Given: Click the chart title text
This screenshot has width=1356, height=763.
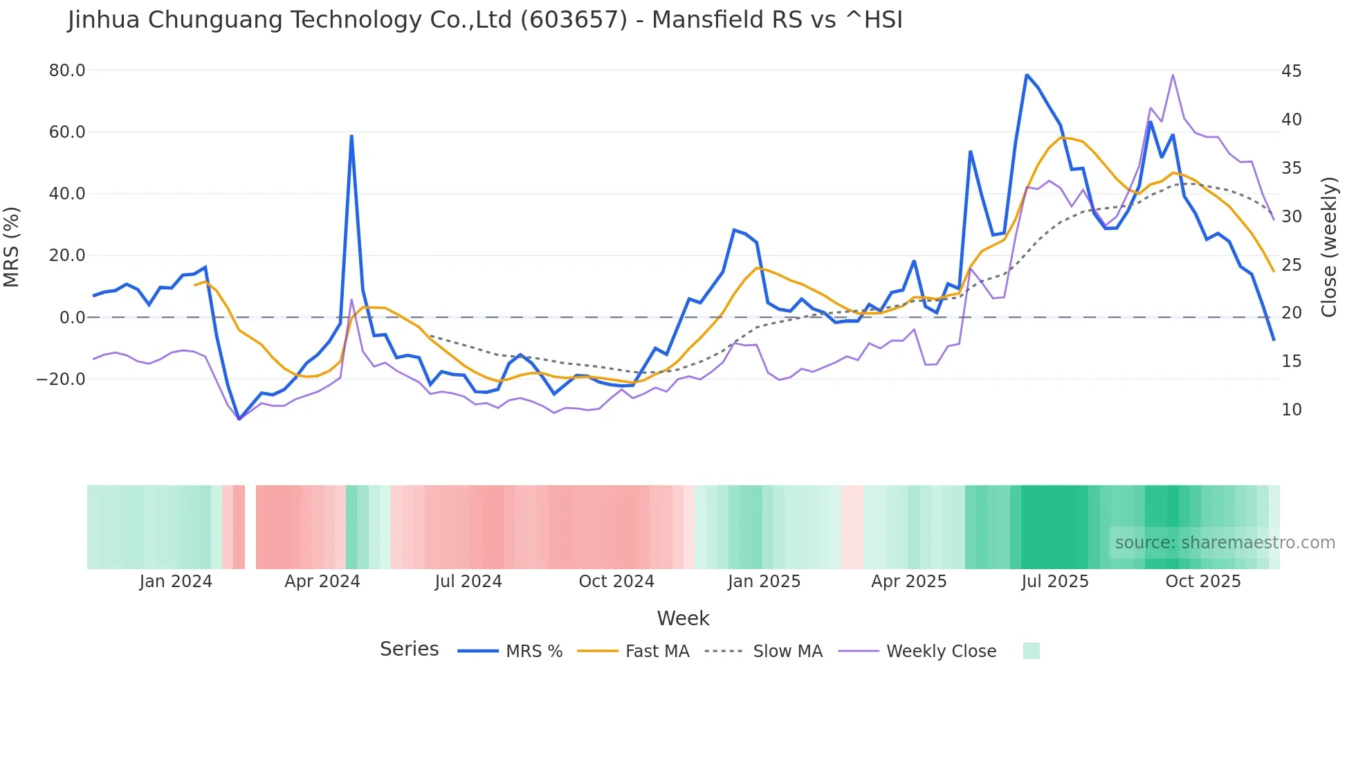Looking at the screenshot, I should pyautogui.click(x=485, y=20).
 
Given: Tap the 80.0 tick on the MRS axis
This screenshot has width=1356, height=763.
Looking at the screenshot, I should pyautogui.click(x=67, y=71).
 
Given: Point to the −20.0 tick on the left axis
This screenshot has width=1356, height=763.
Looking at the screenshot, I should pyautogui.click(x=61, y=379).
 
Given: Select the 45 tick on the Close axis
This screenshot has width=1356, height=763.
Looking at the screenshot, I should pyautogui.click(x=1291, y=71).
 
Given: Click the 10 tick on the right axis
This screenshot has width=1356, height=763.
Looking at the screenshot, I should pyautogui.click(x=1291, y=410).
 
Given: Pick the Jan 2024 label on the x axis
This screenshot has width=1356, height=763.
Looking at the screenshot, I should pyautogui.click(x=176, y=582).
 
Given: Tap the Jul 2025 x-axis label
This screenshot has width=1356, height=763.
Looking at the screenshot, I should pyautogui.click(x=1054, y=582).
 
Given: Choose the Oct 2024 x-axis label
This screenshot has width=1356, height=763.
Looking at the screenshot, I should pyautogui.click(x=616, y=582).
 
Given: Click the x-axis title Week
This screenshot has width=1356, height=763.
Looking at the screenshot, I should pyautogui.click(x=683, y=618).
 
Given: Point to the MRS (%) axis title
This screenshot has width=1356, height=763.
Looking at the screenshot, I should pyautogui.click(x=12, y=246).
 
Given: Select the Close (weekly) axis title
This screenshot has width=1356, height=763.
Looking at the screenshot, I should pyautogui.click(x=1328, y=246).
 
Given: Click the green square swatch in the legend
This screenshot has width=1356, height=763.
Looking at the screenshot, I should pyautogui.click(x=1031, y=651).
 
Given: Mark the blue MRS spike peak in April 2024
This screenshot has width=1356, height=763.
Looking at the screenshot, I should pyautogui.click(x=351, y=136).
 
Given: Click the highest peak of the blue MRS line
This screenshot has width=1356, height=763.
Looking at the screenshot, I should pyautogui.click(x=1027, y=75).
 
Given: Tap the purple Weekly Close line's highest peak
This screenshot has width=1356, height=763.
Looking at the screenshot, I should pyautogui.click(x=1173, y=75).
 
